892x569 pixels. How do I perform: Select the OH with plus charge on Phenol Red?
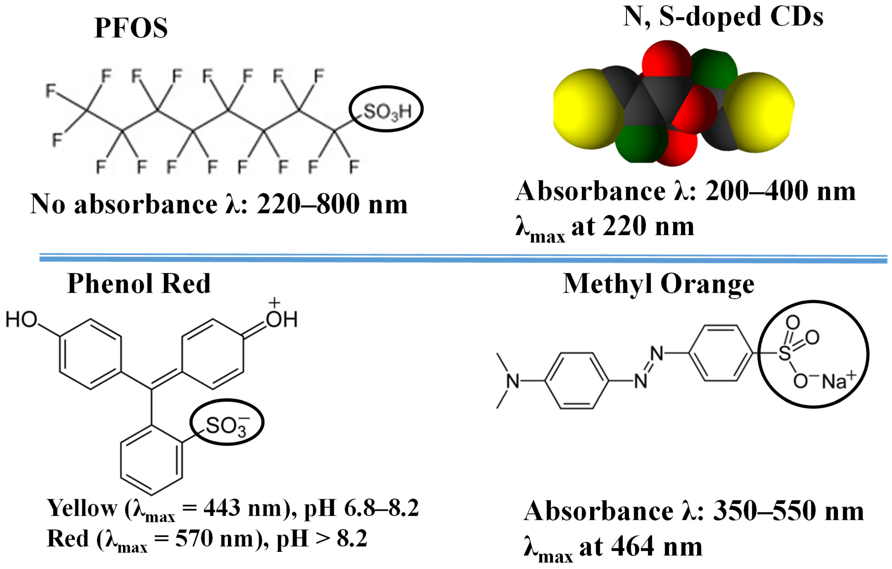click(x=281, y=318)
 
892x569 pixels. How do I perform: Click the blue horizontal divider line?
click(x=463, y=258)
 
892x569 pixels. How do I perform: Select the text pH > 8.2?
click(x=321, y=539)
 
